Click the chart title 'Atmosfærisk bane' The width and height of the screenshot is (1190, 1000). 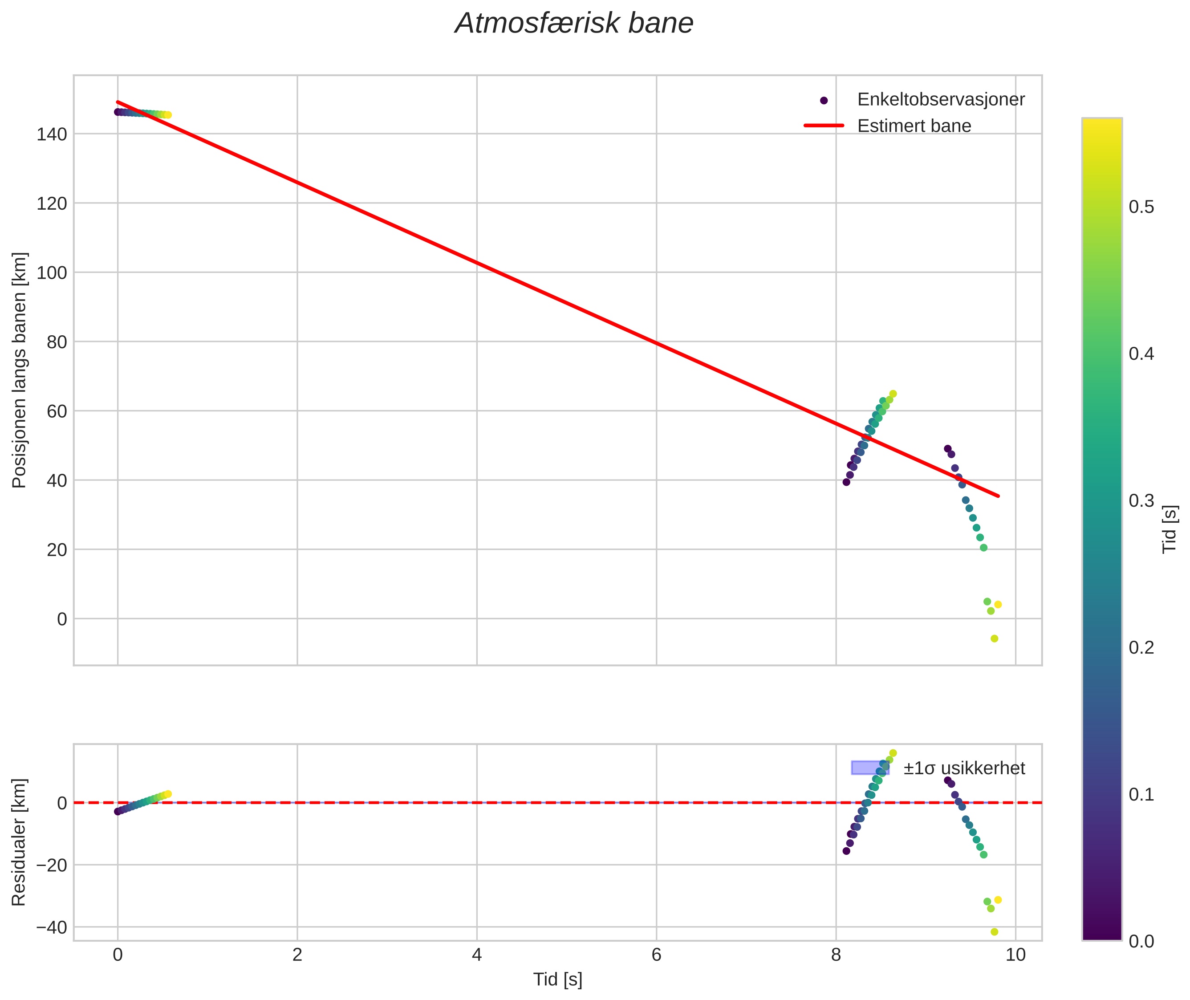(574, 24)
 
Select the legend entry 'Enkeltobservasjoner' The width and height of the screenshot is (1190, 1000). (941, 100)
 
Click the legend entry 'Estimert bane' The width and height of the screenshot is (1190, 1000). (914, 126)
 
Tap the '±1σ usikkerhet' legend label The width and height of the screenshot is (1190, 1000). (964, 769)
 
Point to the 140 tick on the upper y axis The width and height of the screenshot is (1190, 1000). (52, 134)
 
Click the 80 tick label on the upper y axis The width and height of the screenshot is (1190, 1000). (57, 342)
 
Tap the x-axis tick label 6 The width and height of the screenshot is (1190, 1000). (657, 955)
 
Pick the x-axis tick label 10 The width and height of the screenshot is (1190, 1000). (1015, 955)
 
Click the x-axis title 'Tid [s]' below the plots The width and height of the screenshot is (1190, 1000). (557, 980)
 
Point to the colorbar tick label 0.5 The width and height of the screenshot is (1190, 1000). (1141, 207)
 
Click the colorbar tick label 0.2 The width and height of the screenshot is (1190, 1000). (1141, 647)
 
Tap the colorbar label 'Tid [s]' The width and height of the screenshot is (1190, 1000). (1170, 529)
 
